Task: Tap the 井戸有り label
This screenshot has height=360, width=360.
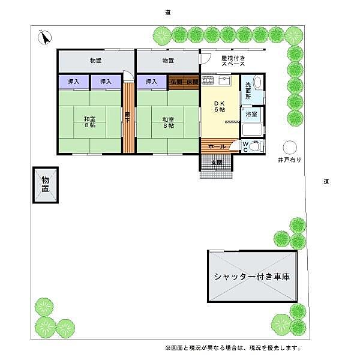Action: tap(289, 161)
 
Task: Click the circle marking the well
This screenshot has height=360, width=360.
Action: tap(290, 147)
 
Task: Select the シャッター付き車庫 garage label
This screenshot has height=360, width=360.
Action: tap(252, 277)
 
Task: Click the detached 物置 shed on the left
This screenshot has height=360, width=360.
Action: tap(46, 185)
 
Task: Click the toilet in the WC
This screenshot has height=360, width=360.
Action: tap(255, 146)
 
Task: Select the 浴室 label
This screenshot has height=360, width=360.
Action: tap(251, 114)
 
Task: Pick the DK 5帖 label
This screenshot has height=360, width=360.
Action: tap(219, 106)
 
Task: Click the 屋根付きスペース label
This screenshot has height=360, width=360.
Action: tap(232, 60)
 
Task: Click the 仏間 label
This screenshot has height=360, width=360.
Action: tap(176, 82)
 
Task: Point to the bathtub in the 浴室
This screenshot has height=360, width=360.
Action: tap(253, 129)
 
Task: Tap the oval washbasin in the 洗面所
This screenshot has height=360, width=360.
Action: tap(257, 82)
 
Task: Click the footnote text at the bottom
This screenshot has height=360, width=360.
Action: tap(232, 348)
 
